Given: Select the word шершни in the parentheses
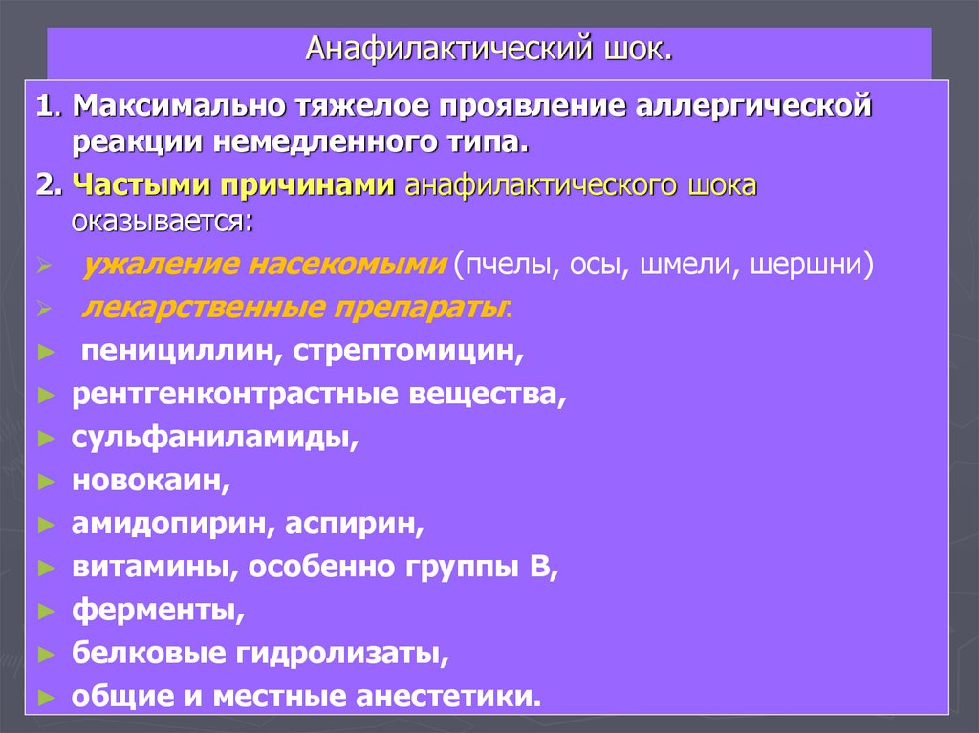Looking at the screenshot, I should [x=812, y=264].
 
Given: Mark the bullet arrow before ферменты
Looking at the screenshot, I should [x=45, y=611].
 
